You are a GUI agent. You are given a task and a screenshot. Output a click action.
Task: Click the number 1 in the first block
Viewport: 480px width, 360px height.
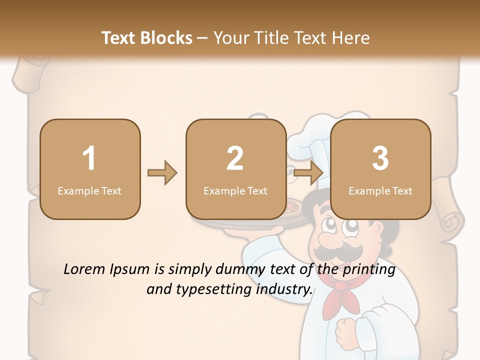click(x=89, y=158)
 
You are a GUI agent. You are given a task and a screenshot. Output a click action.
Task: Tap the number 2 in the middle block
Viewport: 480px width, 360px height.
click(x=235, y=158)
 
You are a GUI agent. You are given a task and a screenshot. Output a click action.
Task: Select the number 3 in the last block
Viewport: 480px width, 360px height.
click(x=380, y=158)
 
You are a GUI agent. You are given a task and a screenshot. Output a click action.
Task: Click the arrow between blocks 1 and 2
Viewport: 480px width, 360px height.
click(x=162, y=173)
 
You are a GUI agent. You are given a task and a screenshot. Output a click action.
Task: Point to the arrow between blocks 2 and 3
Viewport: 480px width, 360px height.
click(x=308, y=173)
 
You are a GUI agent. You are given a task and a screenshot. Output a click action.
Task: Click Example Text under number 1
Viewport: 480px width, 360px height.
click(x=89, y=190)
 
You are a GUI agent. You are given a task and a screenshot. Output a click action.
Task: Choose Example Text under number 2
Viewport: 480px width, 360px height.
click(x=235, y=190)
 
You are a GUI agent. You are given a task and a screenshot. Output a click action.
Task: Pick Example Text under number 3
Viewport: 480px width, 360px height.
click(x=380, y=190)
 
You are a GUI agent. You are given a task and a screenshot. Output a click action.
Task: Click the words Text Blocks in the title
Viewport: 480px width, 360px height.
click(x=147, y=37)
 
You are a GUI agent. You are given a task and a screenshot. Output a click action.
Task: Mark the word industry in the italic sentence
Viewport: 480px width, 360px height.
click(x=284, y=289)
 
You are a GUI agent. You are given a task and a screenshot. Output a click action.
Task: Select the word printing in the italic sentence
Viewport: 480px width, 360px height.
click(x=368, y=269)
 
